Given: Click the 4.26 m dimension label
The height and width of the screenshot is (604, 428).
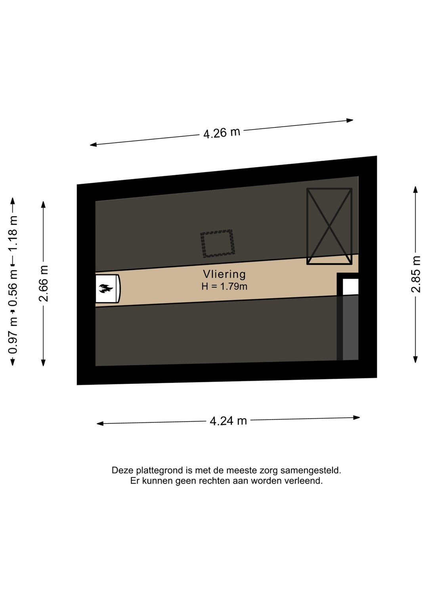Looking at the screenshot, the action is coord(222,133).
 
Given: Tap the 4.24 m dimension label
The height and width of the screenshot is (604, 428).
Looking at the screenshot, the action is coord(228,421).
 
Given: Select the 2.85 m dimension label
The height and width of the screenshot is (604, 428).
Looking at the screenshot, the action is coord(416,274).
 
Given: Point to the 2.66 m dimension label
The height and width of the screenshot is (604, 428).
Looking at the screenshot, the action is coord(43,283).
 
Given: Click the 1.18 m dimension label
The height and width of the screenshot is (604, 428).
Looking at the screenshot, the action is coord(13,233).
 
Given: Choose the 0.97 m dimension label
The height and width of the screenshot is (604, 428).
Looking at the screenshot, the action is coord(13,335).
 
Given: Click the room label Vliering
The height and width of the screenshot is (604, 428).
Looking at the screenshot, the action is coord(224,274).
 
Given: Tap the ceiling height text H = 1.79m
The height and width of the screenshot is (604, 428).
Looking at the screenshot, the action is coord(224,286).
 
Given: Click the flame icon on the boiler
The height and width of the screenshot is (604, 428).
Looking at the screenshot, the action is coord(105,288).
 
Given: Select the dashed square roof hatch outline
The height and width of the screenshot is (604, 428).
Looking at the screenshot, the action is coord(218,244).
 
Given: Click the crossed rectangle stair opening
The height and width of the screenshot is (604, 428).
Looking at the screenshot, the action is coord(329,226).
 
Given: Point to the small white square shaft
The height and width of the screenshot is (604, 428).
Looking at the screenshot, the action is coord(350,287).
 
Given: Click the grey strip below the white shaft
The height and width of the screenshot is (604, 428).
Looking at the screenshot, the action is coord(350,328).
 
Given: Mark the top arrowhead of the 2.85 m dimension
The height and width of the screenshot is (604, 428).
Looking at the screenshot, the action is coord(416,189).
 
